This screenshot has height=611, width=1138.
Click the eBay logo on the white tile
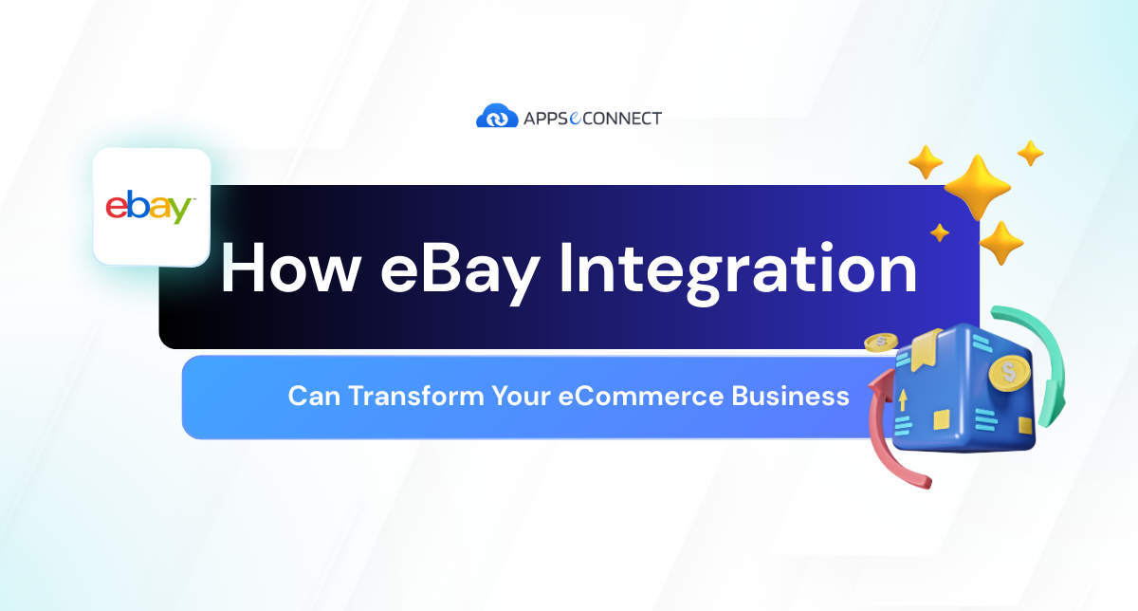click(x=151, y=207)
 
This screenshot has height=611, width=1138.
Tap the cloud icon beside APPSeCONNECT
click(x=494, y=118)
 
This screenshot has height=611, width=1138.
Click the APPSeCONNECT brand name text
click(x=591, y=119)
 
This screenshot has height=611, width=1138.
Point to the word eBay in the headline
click(x=460, y=268)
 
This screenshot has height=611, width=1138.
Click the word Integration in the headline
click(x=738, y=268)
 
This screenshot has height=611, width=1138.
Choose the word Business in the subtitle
click(x=790, y=396)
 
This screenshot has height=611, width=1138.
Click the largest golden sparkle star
click(x=977, y=187)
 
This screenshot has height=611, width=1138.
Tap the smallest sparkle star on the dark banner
click(x=940, y=232)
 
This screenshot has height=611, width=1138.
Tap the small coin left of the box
click(x=880, y=343)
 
